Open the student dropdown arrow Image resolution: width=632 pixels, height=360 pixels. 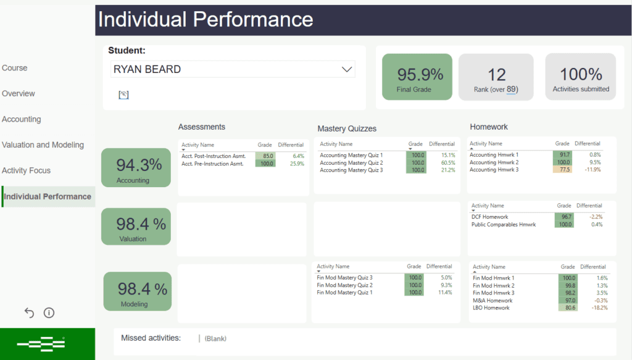347,69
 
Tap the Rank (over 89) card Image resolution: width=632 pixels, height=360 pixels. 496,77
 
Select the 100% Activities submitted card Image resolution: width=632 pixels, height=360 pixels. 580,77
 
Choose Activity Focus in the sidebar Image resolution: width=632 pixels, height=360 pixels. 26,170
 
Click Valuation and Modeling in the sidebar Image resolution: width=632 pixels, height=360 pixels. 43,144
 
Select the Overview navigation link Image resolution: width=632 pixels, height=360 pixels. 19,93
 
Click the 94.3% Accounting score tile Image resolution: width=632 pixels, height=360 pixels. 136,167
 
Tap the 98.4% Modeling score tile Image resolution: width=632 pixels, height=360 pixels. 137,291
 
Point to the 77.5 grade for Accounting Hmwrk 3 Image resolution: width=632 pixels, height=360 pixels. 562,170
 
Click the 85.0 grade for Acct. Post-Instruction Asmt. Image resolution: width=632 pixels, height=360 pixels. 267,156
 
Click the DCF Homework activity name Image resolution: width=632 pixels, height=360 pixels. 489,217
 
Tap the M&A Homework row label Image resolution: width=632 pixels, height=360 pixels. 491,300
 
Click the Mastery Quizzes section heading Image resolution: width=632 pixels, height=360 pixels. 347,128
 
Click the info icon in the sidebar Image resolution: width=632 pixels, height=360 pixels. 49,313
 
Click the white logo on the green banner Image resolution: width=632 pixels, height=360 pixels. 41,343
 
